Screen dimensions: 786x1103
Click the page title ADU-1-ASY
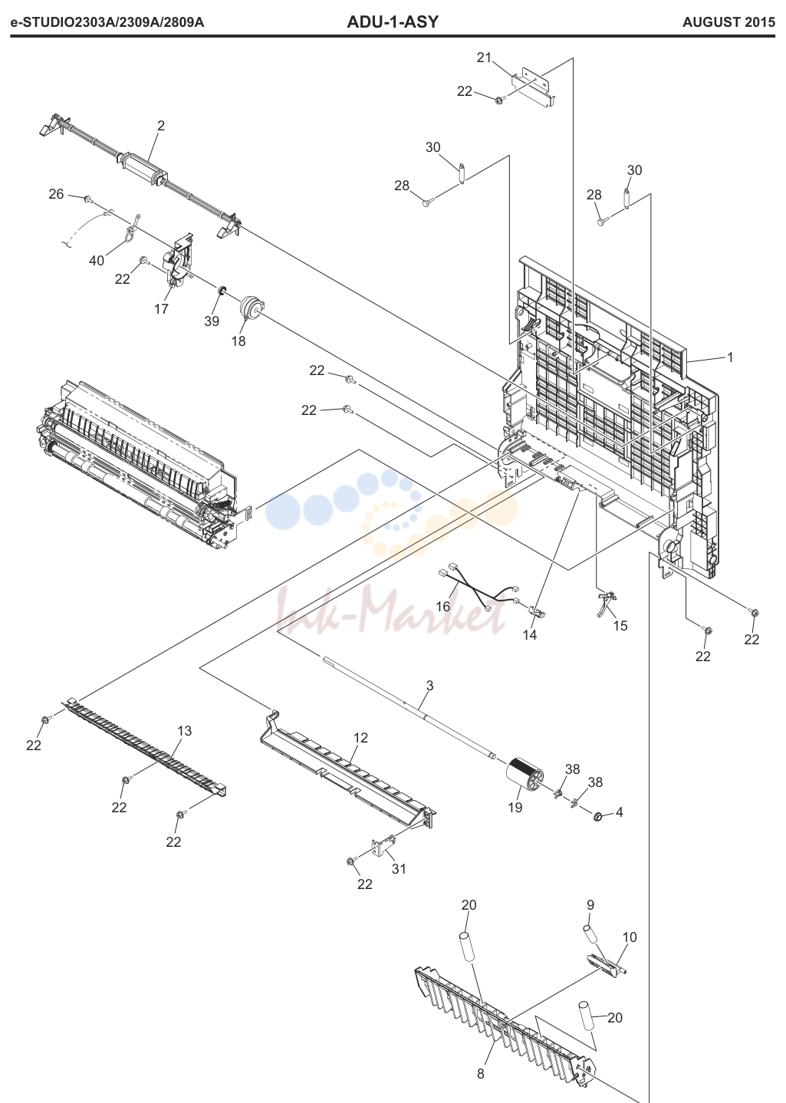tap(393, 22)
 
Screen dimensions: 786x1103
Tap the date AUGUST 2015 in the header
tap(728, 23)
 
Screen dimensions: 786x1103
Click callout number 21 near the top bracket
tap(485, 58)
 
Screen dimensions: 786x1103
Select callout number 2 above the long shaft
tap(161, 126)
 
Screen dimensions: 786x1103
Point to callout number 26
tap(56, 194)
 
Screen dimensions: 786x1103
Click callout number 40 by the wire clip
tap(97, 261)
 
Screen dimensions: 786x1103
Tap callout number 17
tap(162, 309)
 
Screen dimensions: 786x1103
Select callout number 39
tap(212, 321)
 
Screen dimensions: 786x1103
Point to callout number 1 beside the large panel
tap(730, 357)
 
